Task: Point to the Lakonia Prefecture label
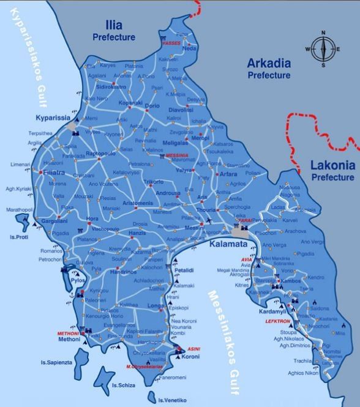(x=332, y=171)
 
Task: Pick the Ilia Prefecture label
(x=114, y=31)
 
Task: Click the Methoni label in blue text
(x=69, y=339)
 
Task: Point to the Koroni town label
(x=191, y=356)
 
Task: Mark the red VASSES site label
(x=172, y=45)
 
